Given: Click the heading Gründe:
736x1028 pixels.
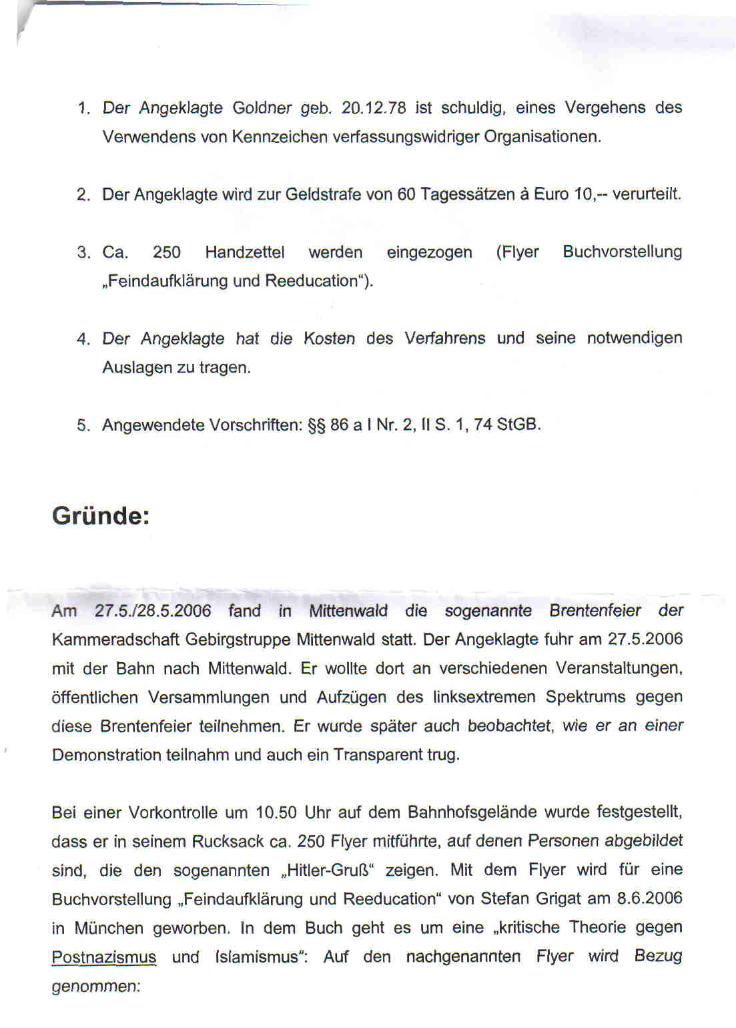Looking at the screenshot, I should click(101, 516).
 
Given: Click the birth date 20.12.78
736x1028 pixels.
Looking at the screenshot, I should click(373, 108).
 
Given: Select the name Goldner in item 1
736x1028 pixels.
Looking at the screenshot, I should click(262, 108).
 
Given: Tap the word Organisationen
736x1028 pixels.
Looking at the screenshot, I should click(542, 137).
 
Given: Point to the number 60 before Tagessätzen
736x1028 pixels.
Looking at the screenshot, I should click(406, 194).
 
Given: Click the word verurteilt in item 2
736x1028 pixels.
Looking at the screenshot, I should click(646, 194).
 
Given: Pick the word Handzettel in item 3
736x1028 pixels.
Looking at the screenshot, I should click(244, 252).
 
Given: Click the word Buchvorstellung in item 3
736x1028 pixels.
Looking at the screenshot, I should click(622, 252).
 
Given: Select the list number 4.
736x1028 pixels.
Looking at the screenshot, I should click(83, 339).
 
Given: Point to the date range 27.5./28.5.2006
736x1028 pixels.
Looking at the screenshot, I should click(153, 611).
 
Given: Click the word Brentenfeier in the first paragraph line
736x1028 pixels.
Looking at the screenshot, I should click(595, 611).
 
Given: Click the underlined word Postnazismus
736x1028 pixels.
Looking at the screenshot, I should click(103, 957).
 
